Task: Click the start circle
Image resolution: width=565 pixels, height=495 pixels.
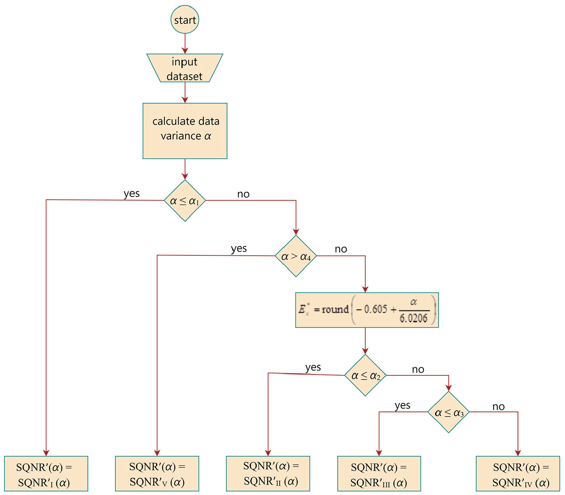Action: pyautogui.click(x=185, y=19)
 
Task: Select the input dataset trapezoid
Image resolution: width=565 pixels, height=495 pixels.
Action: pyautogui.click(x=185, y=68)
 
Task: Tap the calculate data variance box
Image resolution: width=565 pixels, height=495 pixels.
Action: pyautogui.click(x=185, y=131)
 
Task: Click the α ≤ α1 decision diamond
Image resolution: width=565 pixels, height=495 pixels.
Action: pyautogui.click(x=185, y=200)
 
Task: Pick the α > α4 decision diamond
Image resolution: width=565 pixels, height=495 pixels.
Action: pyautogui.click(x=296, y=256)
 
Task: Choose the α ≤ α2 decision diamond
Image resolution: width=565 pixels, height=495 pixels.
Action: pyautogui.click(x=365, y=375)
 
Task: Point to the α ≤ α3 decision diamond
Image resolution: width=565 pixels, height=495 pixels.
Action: pyautogui.click(x=448, y=412)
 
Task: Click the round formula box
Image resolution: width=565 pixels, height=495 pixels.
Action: pyautogui.click(x=367, y=310)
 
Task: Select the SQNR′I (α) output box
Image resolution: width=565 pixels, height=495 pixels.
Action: pyautogui.click(x=46, y=474)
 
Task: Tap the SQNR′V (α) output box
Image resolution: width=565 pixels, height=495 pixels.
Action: pyautogui.click(x=157, y=474)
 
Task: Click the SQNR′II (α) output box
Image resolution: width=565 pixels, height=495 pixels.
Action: pyautogui.click(x=268, y=474)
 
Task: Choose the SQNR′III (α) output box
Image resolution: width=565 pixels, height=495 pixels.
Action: pyautogui.click(x=379, y=474)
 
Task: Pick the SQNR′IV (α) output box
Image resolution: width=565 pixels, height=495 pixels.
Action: pyautogui.click(x=518, y=474)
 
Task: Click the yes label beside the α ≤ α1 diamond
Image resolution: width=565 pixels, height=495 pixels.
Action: pyautogui.click(x=131, y=194)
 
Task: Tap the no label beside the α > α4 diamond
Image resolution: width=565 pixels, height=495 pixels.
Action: pyautogui.click(x=341, y=249)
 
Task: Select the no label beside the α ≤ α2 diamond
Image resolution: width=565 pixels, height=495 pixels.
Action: pyautogui.click(x=418, y=369)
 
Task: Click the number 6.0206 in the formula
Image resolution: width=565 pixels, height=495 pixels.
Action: pyautogui.click(x=413, y=318)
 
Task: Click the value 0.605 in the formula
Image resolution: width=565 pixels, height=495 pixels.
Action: pyautogui.click(x=376, y=309)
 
